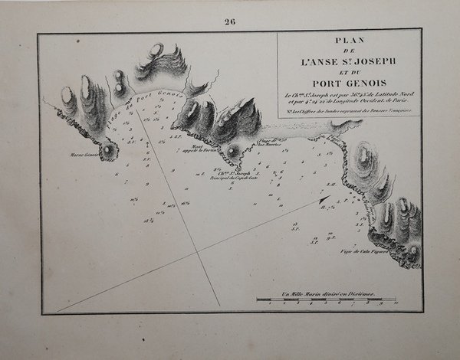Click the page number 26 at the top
(229, 21)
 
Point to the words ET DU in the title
(349, 71)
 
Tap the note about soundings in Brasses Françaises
(349, 112)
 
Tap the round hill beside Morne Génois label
(109, 150)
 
